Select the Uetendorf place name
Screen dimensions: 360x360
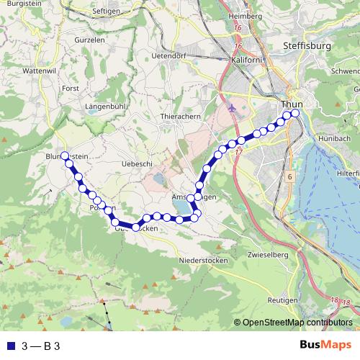pyautogui.click(x=171, y=55)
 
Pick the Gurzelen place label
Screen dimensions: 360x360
pyautogui.click(x=89, y=40)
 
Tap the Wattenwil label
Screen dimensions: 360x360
pyautogui.click(x=40, y=71)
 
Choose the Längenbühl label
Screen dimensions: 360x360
pyautogui.click(x=106, y=107)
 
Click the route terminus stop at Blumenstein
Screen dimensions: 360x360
pyautogui.click(x=65, y=156)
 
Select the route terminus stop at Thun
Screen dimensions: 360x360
pyautogui.click(x=294, y=112)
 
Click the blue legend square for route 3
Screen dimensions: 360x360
pyautogui.click(x=9, y=346)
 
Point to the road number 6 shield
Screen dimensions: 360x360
pyautogui.click(x=288, y=176)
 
